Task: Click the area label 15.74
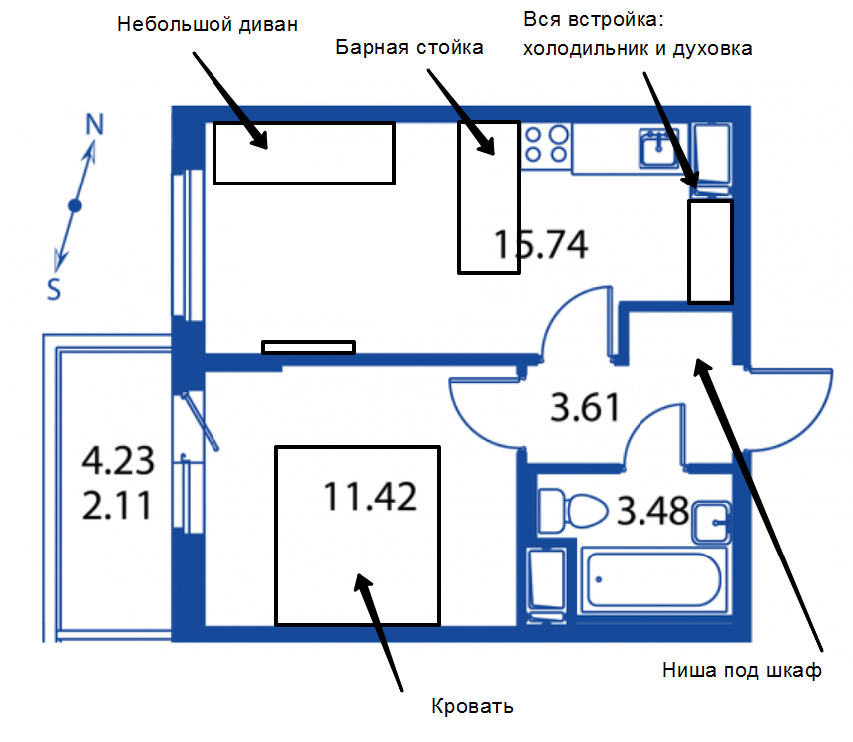(x=541, y=244)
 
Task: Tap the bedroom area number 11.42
(x=370, y=496)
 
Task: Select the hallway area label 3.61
(x=585, y=407)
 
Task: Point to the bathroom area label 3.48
(x=652, y=511)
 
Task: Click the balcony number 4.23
(x=118, y=460)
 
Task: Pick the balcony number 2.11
(x=117, y=505)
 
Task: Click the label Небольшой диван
(x=208, y=25)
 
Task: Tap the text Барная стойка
(x=409, y=47)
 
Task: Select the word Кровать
(x=472, y=706)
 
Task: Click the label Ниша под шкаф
(x=742, y=671)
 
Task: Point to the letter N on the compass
(x=94, y=124)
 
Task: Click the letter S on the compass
(x=53, y=289)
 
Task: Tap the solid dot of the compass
(x=75, y=206)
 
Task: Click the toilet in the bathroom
(x=573, y=511)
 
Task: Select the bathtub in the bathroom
(x=653, y=579)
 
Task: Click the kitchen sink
(x=659, y=148)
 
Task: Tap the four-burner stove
(x=546, y=145)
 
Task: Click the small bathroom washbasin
(x=711, y=522)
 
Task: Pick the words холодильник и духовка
(x=638, y=49)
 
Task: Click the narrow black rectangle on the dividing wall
(x=309, y=347)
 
